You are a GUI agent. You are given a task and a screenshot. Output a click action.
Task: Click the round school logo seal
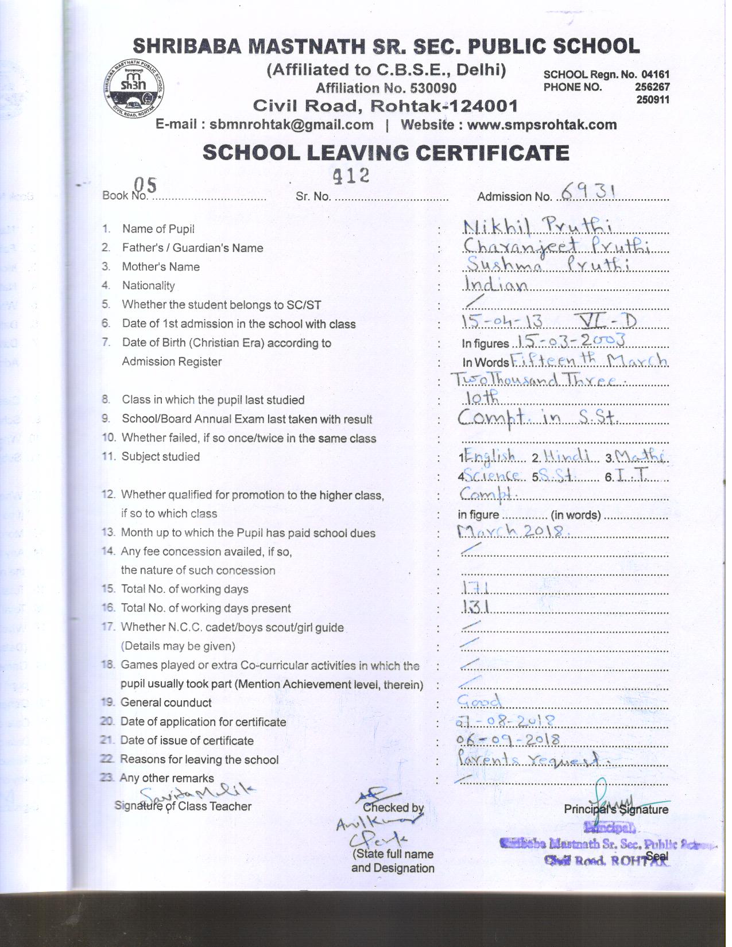pyautogui.click(x=134, y=87)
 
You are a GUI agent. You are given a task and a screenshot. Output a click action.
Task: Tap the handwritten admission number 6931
pyautogui.click(x=588, y=191)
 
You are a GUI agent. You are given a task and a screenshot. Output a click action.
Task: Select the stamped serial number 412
pyautogui.click(x=351, y=176)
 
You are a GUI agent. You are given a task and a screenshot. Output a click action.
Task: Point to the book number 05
pyautogui.click(x=145, y=185)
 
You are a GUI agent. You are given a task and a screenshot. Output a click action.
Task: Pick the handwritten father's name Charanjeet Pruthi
pyautogui.click(x=556, y=246)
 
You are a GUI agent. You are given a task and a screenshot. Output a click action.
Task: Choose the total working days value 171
pyautogui.click(x=475, y=587)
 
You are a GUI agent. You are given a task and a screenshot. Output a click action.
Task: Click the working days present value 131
pyautogui.click(x=475, y=607)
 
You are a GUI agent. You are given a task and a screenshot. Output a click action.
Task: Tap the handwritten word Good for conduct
pyautogui.click(x=479, y=701)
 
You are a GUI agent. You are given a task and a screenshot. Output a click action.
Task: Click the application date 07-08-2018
pyautogui.click(x=505, y=720)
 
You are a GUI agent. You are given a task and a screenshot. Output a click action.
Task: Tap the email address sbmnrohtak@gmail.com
pyautogui.click(x=291, y=125)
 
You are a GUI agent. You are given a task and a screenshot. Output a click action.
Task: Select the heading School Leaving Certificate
pyautogui.click(x=386, y=153)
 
